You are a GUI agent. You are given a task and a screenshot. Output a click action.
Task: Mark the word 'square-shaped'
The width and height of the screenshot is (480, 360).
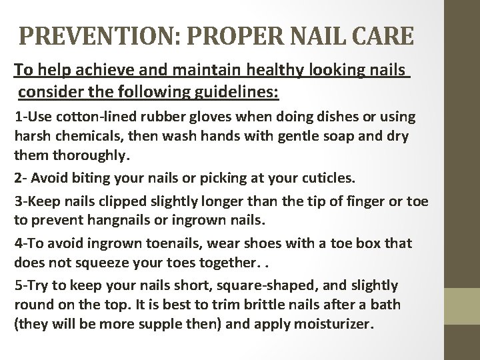(251, 285)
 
